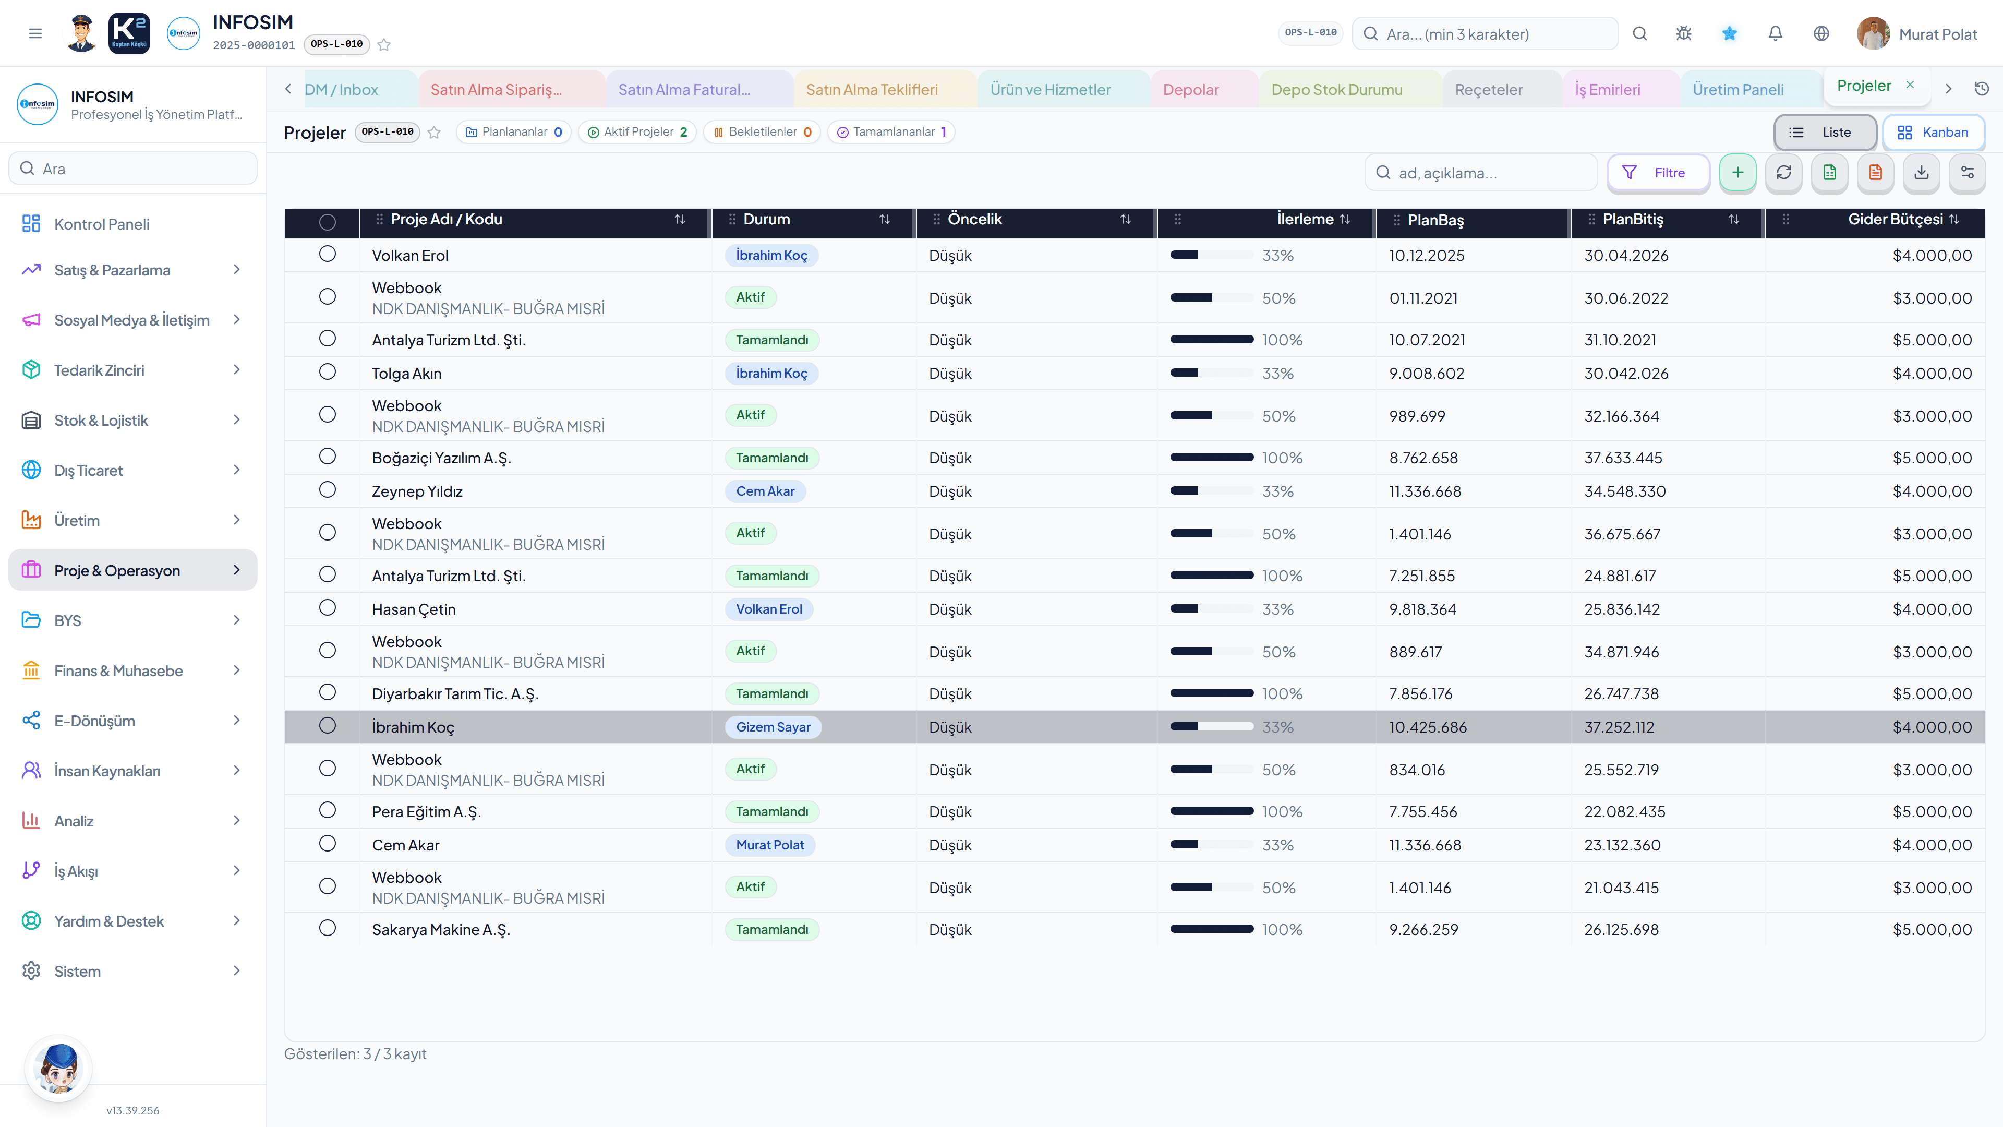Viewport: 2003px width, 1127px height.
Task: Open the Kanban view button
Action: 1933,132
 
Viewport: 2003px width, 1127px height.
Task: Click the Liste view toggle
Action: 1824,132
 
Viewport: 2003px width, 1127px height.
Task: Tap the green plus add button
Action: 1737,173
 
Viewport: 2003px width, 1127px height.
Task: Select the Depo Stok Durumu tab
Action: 1336,89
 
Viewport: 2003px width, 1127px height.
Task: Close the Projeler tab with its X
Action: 1910,85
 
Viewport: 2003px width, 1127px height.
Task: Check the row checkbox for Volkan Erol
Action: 328,254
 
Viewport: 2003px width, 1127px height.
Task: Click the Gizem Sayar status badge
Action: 773,726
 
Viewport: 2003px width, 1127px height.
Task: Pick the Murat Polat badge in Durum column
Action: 770,845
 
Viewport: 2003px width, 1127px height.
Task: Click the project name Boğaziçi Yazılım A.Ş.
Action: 441,458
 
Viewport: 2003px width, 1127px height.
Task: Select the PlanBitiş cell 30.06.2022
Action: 1626,298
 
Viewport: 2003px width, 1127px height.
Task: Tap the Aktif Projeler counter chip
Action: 637,132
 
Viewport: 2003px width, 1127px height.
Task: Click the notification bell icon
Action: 1775,33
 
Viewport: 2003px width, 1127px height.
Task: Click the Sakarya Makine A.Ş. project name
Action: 441,929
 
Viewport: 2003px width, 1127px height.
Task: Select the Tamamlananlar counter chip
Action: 891,132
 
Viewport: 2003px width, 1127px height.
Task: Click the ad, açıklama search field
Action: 1480,173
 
